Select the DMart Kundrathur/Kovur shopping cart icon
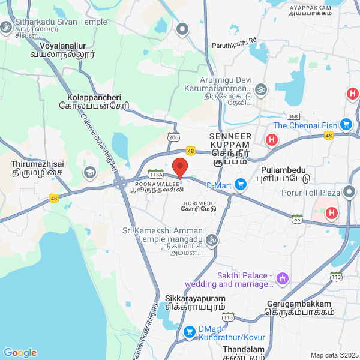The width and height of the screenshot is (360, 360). [190, 331]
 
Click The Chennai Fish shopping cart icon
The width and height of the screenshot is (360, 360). [346, 125]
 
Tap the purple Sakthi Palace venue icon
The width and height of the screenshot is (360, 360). [283, 278]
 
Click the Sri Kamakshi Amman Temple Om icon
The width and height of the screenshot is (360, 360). [211, 240]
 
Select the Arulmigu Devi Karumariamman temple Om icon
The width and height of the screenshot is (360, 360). [260, 89]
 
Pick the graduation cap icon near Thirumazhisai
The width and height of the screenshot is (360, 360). [90, 173]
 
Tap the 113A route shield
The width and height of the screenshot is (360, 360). [155, 172]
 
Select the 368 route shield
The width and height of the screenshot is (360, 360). [293, 116]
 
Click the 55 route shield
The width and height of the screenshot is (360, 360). [296, 219]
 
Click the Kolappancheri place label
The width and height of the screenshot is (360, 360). [94, 97]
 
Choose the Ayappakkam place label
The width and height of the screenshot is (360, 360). [310, 8]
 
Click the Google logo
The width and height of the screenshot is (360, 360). [20, 353]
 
